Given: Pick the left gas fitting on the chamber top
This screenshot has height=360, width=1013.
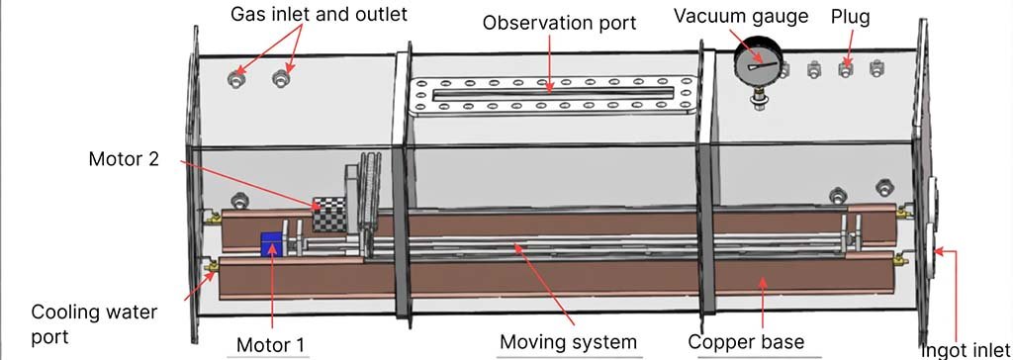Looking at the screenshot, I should tap(237, 76).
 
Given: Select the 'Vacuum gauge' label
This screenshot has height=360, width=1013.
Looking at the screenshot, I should tap(755, 16).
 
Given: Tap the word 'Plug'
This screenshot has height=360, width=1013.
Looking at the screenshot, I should tap(850, 17).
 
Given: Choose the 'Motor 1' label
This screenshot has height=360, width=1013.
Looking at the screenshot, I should tap(269, 343).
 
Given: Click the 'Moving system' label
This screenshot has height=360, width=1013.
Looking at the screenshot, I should tap(568, 342).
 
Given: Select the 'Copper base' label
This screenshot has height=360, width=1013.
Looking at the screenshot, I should tap(743, 342).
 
